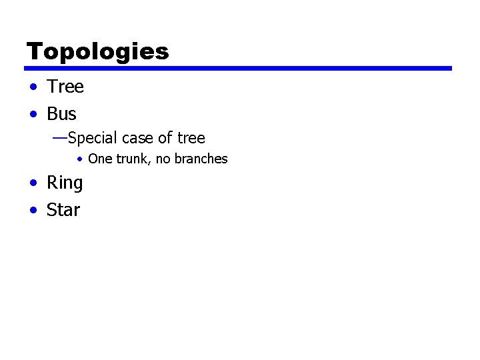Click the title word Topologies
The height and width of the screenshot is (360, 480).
coord(97,51)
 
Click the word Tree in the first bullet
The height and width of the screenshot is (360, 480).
coord(65,87)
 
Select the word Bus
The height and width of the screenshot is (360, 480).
coord(61,114)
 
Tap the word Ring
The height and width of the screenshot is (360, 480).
coord(65,183)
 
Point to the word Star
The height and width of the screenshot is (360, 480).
coord(63,210)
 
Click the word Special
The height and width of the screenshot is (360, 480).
coord(93,139)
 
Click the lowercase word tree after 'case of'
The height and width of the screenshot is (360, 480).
coord(191,139)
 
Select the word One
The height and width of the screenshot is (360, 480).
coord(99,159)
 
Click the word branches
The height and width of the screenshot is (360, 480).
coord(201,159)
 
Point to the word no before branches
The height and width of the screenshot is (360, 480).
coord(163,159)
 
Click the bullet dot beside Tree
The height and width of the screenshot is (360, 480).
coord(33,87)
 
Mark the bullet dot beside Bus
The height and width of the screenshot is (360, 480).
coord(33,115)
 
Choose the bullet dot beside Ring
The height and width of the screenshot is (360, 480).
coord(33,183)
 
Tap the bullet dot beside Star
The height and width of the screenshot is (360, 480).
coord(33,211)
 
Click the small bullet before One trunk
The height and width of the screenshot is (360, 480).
coord(79,159)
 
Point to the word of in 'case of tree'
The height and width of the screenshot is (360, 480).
coord(165,139)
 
